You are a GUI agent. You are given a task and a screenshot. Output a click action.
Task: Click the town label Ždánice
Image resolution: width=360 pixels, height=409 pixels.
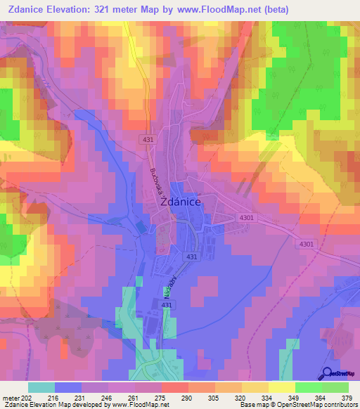click(182, 201)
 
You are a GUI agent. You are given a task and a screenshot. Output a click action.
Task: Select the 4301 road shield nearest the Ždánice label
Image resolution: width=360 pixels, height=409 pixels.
click(245, 219)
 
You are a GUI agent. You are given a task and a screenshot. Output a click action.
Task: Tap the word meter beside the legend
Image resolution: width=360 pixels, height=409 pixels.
click(11, 396)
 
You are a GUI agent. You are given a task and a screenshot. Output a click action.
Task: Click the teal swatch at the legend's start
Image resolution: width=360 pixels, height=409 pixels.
click(41, 387)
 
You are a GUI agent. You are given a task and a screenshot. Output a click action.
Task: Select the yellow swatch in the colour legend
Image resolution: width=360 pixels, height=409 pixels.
click(282, 387)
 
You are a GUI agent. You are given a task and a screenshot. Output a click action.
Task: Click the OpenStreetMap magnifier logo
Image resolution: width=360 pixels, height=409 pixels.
click(328, 375)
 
